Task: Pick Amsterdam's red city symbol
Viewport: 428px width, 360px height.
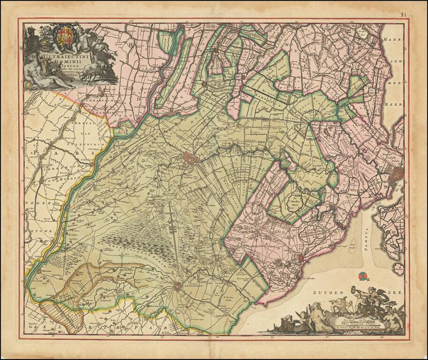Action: [397, 177]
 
